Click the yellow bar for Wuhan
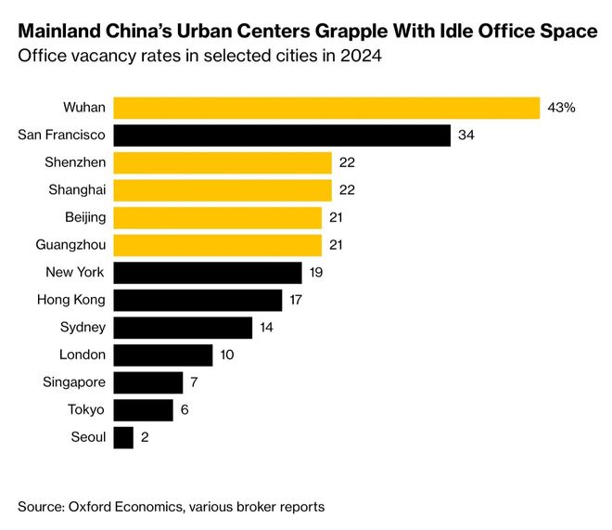(326, 108)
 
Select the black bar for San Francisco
(282, 136)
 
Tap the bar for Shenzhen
(223, 162)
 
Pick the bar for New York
(208, 273)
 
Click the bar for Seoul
(123, 437)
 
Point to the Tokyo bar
(143, 410)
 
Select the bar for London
(163, 355)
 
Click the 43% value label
(562, 108)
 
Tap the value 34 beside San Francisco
(466, 136)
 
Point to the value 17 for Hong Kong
(298, 300)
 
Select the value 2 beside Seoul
(146, 437)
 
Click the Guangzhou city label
(73, 245)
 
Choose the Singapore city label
(74, 382)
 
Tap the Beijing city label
(83, 217)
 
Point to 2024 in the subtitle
(364, 57)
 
